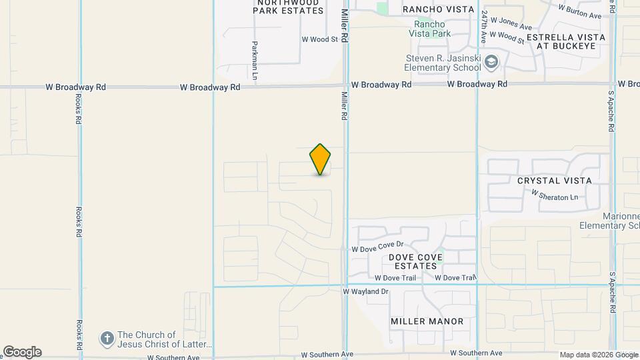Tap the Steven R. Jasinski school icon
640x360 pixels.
point(491,62)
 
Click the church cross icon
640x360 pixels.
point(107,339)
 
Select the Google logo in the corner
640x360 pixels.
point(22,352)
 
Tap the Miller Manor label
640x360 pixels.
point(427,321)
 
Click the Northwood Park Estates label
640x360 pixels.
point(288,6)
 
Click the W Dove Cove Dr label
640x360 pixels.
point(378,248)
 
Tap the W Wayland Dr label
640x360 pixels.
point(366,292)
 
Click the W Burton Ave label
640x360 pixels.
point(580,11)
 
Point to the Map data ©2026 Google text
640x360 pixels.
point(599,355)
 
